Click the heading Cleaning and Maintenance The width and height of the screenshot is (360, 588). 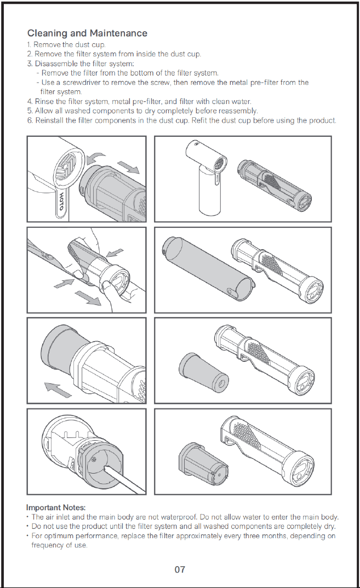[87, 33]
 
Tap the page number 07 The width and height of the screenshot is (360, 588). [180, 569]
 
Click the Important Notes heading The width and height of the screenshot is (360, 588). [56, 508]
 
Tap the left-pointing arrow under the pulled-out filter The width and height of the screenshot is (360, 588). [58, 389]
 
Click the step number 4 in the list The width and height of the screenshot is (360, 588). [30, 102]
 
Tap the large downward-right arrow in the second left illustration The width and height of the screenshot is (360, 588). [88, 297]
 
